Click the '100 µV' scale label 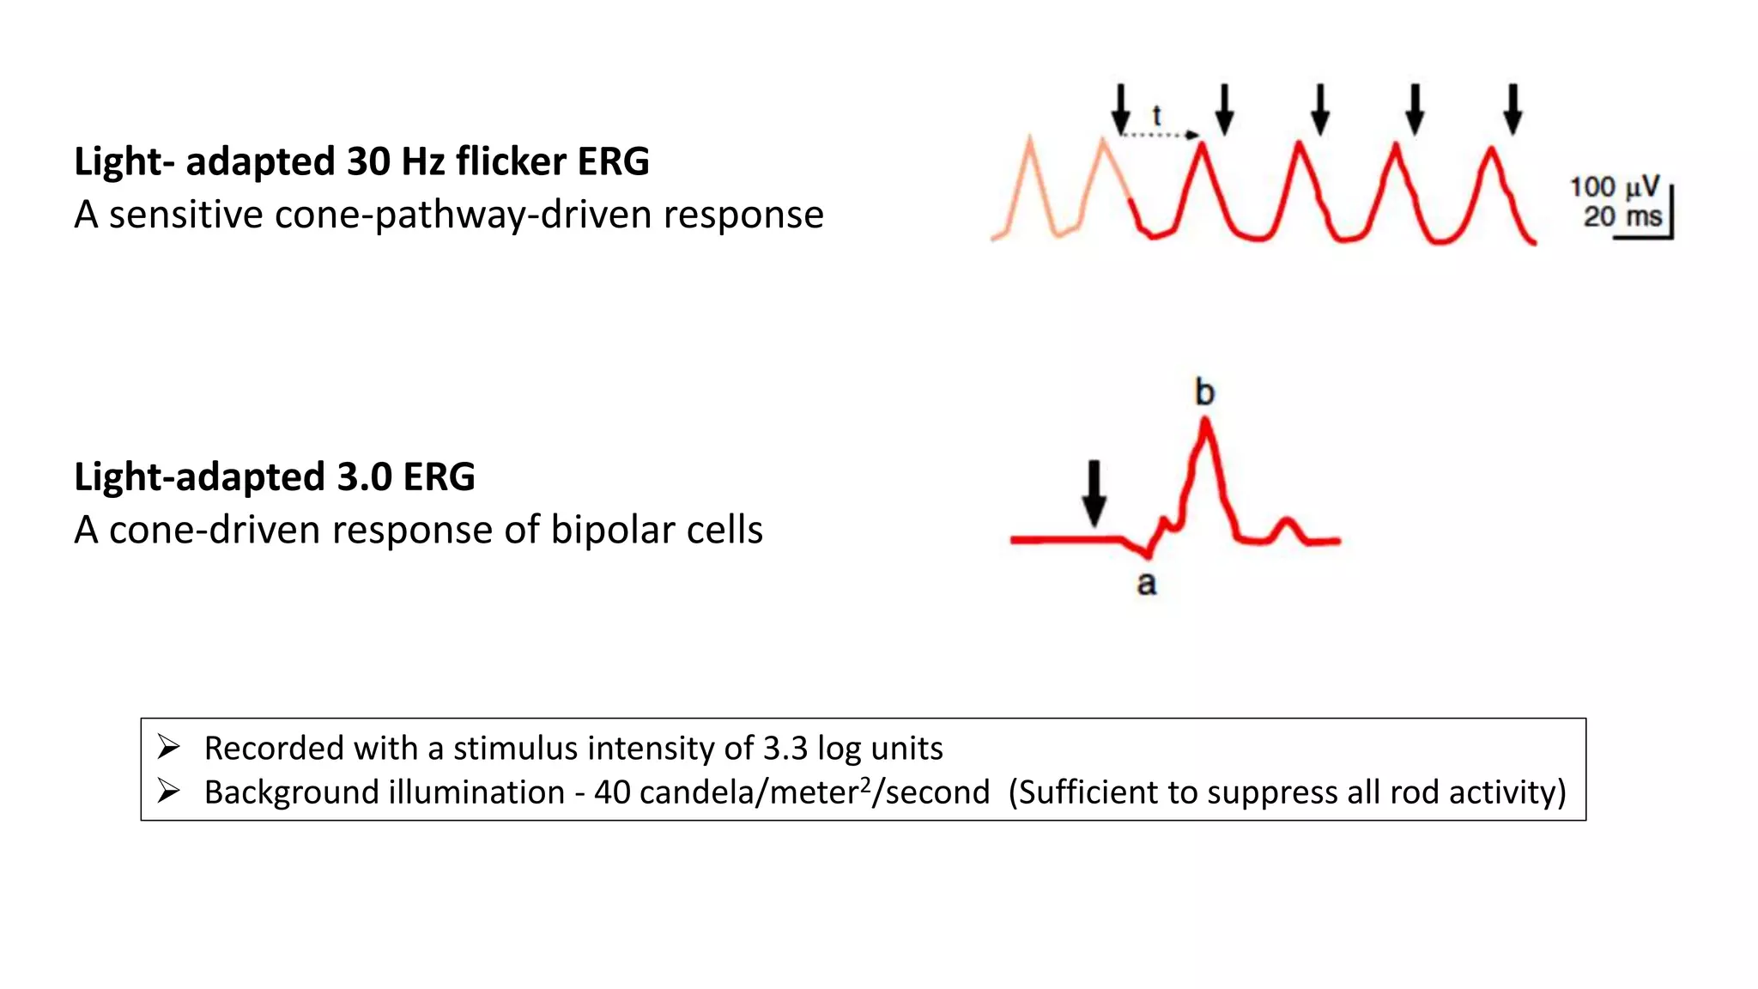tap(1614, 187)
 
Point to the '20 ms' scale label tap(1622, 216)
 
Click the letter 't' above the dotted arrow tap(1157, 116)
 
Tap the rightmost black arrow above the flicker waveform tap(1513, 109)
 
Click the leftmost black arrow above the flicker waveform tap(1120, 109)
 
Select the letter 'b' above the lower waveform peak tap(1205, 392)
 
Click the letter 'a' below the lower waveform tap(1147, 584)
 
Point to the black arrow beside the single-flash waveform tap(1094, 493)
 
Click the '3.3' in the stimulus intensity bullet tap(785, 749)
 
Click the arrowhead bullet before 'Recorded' tap(168, 748)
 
